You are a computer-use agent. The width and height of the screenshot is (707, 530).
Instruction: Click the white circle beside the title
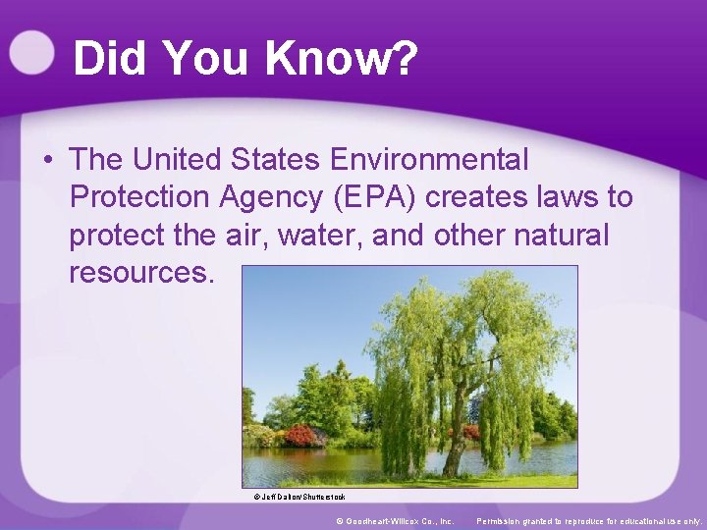[31, 52]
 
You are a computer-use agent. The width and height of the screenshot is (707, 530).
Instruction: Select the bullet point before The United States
[47, 159]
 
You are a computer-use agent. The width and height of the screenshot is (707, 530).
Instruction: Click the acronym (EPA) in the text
[369, 197]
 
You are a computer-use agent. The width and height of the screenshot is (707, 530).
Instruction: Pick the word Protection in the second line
[139, 197]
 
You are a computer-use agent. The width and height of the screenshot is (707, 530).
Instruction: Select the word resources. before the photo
[140, 273]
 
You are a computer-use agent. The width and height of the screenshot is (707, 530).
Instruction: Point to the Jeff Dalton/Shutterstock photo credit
[299, 497]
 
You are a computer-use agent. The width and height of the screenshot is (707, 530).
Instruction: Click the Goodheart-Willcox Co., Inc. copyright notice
[395, 520]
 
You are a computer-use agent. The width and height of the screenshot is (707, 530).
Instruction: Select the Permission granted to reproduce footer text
[589, 520]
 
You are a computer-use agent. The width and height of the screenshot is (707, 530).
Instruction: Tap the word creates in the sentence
[479, 197]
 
